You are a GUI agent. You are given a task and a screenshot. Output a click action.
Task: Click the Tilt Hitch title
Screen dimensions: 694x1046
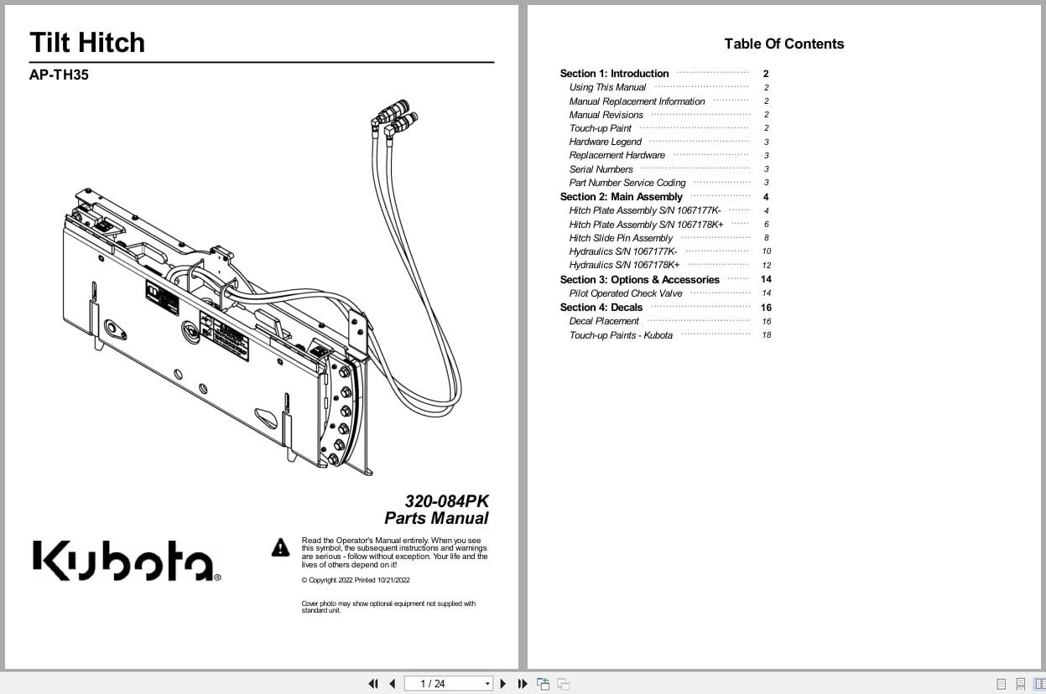click(87, 43)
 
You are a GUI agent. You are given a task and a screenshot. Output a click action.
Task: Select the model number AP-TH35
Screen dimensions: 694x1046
click(59, 75)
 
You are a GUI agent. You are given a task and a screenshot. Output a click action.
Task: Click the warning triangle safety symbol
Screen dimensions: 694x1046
click(280, 548)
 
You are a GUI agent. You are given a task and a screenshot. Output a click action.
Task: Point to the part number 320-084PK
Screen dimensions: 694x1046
click(446, 501)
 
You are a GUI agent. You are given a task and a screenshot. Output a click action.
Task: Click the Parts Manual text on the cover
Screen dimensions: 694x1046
click(436, 518)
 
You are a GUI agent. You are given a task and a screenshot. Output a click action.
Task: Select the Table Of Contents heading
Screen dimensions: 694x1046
click(783, 44)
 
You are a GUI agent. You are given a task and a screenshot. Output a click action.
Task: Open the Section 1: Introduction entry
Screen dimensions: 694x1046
click(614, 74)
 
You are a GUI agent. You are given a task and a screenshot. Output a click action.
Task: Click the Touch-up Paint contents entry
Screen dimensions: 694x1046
click(600, 128)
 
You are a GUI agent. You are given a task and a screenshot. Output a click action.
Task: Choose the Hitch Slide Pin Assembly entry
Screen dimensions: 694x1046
click(621, 238)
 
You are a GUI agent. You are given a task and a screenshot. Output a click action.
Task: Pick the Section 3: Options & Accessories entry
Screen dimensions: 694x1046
click(639, 280)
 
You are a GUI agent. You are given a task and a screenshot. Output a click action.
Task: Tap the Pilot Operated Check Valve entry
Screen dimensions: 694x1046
click(626, 293)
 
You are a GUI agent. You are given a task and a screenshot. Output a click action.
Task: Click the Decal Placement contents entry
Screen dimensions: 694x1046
click(604, 321)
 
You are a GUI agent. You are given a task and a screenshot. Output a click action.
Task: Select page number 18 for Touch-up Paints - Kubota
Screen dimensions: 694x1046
click(766, 335)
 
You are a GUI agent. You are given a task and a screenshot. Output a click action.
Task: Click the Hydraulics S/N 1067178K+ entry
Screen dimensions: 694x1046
click(624, 265)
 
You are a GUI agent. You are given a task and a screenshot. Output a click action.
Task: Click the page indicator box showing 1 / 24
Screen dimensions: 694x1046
click(448, 684)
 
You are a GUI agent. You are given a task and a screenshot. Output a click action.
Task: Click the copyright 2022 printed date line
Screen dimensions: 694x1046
click(355, 580)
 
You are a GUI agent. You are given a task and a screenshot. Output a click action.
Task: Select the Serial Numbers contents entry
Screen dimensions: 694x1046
click(601, 169)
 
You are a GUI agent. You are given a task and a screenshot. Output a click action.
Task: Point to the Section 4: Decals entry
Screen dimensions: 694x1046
click(601, 308)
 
